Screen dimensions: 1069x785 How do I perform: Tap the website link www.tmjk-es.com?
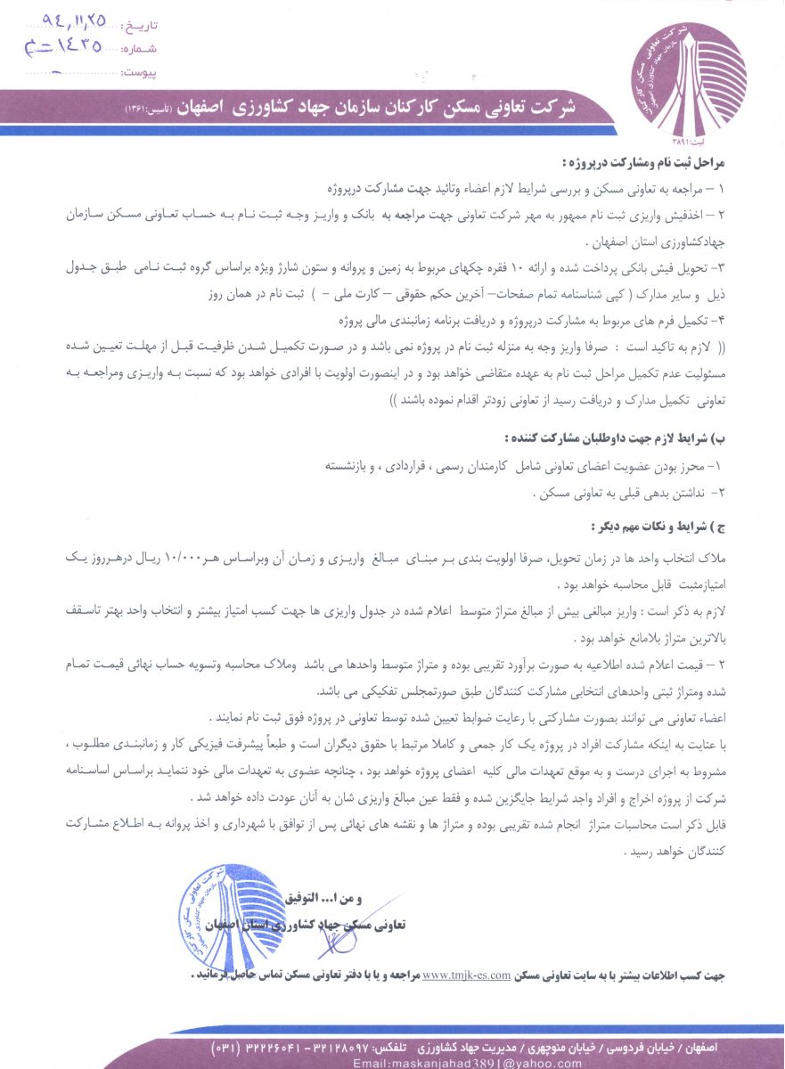click(466, 975)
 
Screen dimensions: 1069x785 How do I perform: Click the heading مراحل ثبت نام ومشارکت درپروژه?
click(646, 166)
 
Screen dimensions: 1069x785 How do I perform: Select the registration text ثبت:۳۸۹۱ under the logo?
click(688, 139)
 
